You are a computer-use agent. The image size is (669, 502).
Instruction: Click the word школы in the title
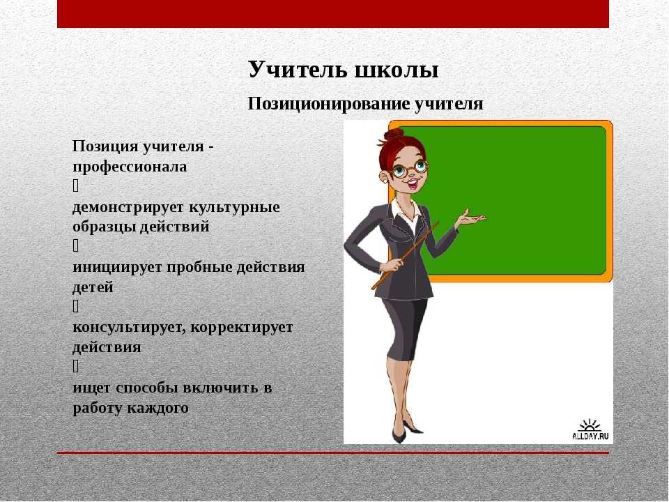pos(396,70)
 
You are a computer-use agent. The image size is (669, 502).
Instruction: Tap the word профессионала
pos(130,167)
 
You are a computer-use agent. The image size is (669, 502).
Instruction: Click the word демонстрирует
pos(128,207)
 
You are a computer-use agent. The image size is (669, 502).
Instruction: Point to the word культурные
pos(234,207)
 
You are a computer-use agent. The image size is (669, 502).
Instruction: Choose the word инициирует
pos(117,267)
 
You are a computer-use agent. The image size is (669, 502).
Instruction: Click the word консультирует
pos(129,328)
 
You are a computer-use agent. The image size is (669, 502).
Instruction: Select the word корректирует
pos(242,328)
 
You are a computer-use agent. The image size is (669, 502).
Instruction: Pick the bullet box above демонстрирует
pos(75,185)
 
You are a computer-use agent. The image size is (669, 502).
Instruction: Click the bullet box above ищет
pos(75,366)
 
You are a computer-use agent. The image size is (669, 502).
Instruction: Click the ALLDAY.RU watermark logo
pos(590,430)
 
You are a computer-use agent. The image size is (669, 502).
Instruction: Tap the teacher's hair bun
pos(393,135)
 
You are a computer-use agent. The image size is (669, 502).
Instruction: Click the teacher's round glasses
pos(410,169)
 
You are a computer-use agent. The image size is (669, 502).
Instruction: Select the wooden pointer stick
pos(406,255)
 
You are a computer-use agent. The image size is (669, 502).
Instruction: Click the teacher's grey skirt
pos(403,328)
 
